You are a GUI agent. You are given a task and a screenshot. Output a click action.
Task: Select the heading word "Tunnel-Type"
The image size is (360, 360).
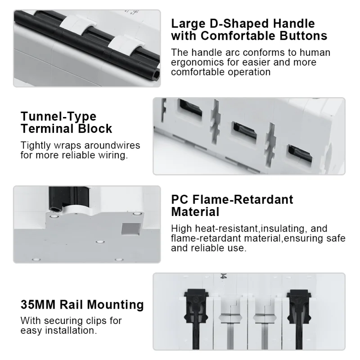58,117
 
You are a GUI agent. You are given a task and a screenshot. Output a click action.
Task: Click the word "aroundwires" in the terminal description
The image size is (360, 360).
112,145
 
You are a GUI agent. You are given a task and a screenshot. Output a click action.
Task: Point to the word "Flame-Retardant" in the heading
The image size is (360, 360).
243,199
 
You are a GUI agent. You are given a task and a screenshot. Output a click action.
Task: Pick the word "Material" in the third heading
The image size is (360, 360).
195,211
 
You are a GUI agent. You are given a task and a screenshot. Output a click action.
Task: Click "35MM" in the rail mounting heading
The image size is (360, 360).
38,305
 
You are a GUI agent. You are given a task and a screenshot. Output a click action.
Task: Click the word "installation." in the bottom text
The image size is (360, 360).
71,331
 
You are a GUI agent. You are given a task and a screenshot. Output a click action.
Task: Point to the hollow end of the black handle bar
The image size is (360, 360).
157,74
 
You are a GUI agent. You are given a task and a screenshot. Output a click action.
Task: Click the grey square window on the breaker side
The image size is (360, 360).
130,229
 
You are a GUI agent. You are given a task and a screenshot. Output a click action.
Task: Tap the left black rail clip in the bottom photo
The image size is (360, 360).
196,319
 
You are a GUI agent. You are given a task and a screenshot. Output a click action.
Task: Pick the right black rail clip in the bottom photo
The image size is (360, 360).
299,319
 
